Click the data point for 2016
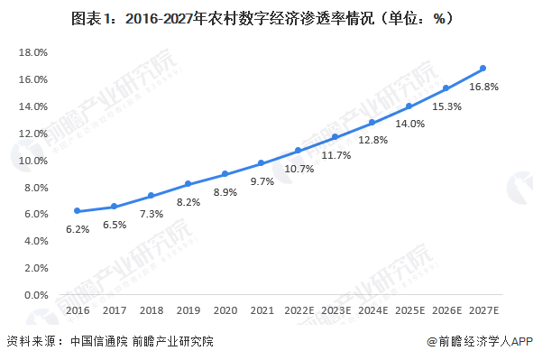coord(78,211)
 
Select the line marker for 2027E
coord(483,69)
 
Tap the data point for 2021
coord(262,163)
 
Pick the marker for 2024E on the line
coord(372,123)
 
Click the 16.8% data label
coord(483,88)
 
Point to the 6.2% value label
coord(78,229)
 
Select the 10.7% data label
coord(299,169)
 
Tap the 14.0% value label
coord(409,124)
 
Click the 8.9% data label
coord(225,192)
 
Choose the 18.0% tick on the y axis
coord(32,52)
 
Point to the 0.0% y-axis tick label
coord(34,295)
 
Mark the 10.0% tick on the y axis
coord(32,161)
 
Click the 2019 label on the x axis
coord(188,310)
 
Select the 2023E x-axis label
coord(335,310)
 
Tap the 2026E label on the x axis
coord(446,310)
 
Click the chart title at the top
coord(266,17)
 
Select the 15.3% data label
coord(446,106)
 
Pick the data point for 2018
coord(152,196)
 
